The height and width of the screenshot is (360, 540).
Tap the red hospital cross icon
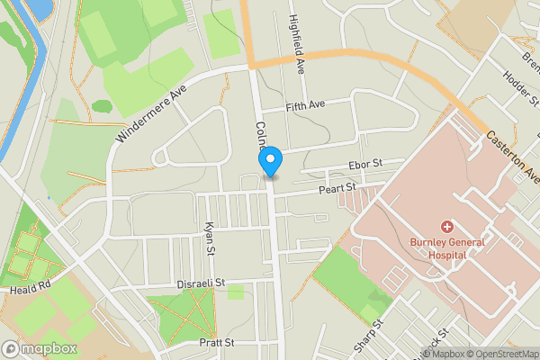pos(445,226)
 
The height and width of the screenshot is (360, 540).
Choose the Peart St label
pos(338,187)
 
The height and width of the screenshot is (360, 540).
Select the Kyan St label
pos(209,238)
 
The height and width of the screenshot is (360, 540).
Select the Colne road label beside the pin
pos(262,138)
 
